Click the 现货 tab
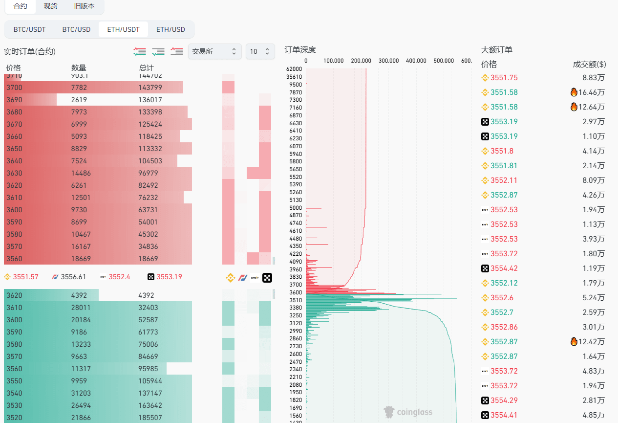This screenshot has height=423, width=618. coord(50,6)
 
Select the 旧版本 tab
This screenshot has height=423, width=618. coord(84,6)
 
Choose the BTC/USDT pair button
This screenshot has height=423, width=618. coord(29,29)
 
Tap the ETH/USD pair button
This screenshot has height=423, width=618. coord(170,29)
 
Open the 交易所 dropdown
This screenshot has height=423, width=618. coord(214,51)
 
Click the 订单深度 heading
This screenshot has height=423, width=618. coord(300,49)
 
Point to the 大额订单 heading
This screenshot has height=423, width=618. coord(496,49)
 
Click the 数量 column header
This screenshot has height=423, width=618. coord(79,67)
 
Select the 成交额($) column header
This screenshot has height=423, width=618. coord(589,64)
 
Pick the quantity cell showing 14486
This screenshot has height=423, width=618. coord(81,173)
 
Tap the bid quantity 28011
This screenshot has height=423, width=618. coord(81,308)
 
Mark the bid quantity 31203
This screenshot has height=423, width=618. coord(81,393)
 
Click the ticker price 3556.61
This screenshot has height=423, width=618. coord(73,277)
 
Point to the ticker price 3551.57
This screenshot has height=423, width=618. coord(25,277)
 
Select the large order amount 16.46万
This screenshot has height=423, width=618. coord(593,92)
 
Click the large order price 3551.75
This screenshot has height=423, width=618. coord(504,78)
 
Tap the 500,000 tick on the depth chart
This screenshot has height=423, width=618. coord(444,61)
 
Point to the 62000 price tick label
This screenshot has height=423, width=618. coord(294,69)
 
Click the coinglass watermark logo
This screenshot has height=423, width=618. coord(408,412)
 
